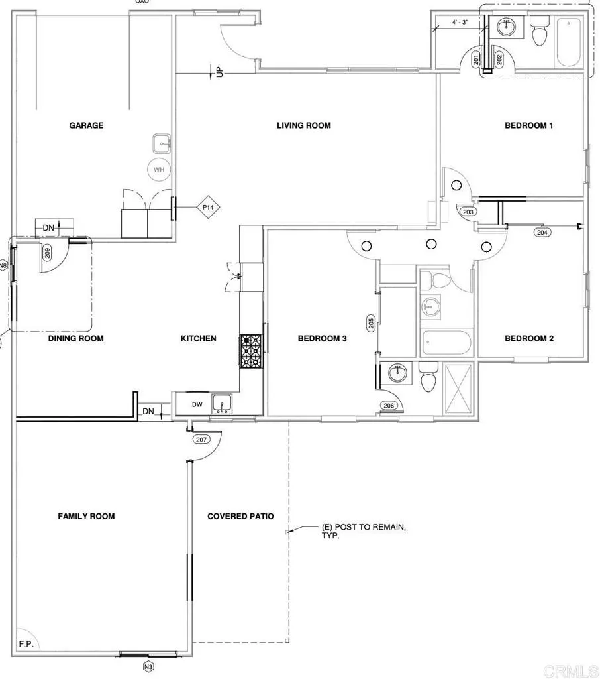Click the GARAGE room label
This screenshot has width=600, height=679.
point(86,125)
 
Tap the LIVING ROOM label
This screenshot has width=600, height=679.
point(303,125)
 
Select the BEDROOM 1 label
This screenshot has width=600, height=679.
point(528,125)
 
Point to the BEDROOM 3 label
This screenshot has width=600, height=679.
point(322,338)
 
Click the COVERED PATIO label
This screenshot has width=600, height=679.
point(240,516)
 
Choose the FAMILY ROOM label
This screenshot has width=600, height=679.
point(86,516)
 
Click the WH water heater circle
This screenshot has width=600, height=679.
point(159,170)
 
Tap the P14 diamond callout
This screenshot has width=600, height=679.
point(207,208)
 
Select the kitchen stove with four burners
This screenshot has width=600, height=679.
point(252,350)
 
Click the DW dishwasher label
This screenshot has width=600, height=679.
point(197,404)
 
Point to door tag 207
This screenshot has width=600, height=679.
point(201,440)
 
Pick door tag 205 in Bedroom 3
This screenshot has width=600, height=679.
point(372,323)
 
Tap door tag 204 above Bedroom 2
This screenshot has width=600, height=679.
point(542,232)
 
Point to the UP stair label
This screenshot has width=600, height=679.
point(219,71)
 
